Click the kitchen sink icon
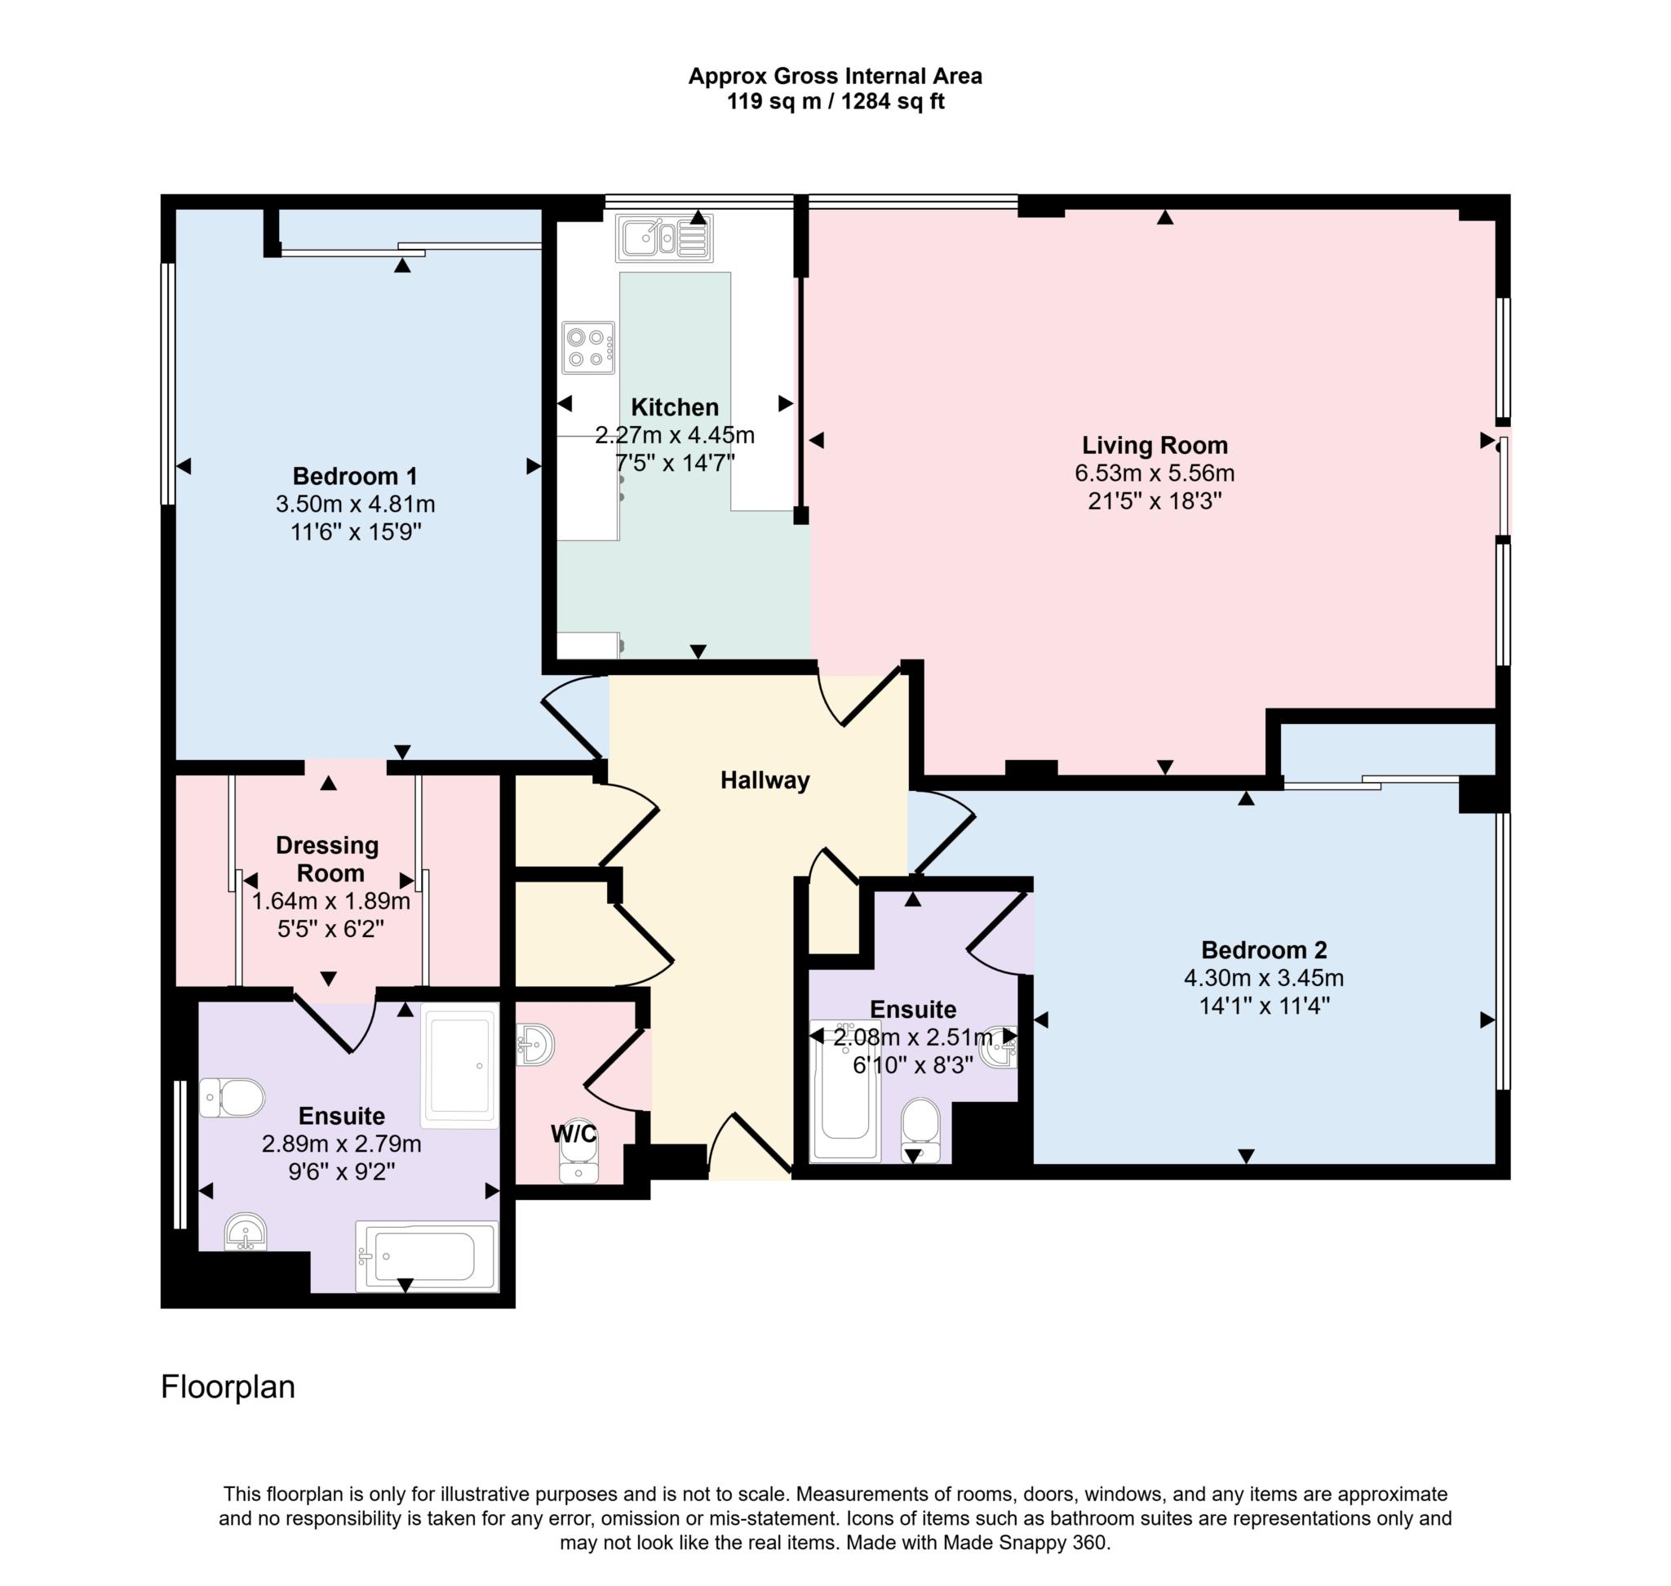point(663,238)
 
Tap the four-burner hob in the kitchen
point(587,348)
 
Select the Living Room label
point(1154,446)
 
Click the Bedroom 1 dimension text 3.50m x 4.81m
point(355,504)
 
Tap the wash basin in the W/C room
point(535,1045)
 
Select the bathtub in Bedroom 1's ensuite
point(426,1256)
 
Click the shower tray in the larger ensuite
point(459,1067)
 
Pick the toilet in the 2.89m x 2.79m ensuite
point(233,1097)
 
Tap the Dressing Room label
point(328,859)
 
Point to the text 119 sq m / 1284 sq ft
point(834,102)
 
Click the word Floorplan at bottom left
point(228,1388)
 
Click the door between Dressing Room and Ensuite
point(334,1025)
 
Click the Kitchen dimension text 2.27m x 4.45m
point(674,436)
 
